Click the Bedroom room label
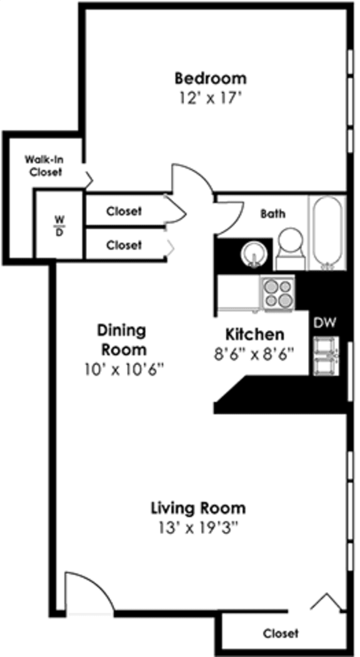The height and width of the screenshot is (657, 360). point(211,79)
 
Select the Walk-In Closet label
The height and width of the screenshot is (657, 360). point(44,166)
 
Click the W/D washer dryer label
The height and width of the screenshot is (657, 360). point(59,224)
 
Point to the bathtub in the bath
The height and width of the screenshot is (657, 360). point(327,233)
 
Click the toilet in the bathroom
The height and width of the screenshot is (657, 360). point(291,247)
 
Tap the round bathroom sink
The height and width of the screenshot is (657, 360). point(254,254)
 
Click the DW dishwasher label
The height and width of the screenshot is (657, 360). point(325,323)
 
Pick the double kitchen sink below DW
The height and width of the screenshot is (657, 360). point(325,355)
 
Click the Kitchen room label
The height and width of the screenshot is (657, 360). point(254,334)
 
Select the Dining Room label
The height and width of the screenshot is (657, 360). point(121,339)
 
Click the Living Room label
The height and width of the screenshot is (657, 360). point(198,507)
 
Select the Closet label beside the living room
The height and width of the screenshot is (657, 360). point(281,633)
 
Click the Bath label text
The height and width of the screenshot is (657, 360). point(273,214)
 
